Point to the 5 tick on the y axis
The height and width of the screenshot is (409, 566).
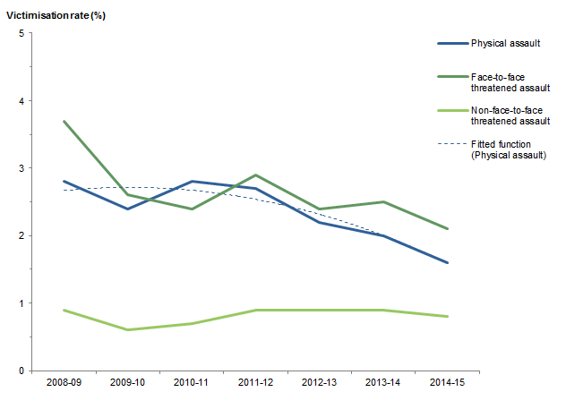coord(21,33)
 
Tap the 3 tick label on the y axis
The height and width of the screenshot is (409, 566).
coord(21,168)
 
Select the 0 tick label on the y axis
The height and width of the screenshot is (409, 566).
coord(21,371)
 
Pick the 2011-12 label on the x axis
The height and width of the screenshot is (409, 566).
coord(255,383)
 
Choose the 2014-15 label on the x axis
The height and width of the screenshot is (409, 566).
coord(447,383)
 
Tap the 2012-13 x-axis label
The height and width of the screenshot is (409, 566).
coord(320,383)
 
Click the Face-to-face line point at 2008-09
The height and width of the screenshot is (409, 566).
coord(63,121)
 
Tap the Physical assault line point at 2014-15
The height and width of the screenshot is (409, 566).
coord(447,262)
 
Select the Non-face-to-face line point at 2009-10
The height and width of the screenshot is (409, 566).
coord(127,329)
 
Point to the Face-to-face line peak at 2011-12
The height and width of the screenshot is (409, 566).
coord(255,175)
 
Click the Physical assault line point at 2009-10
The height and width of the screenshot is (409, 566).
coord(127,209)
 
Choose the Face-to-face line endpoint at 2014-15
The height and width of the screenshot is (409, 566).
coord(447,229)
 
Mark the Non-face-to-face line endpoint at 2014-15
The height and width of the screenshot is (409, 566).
coord(447,316)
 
